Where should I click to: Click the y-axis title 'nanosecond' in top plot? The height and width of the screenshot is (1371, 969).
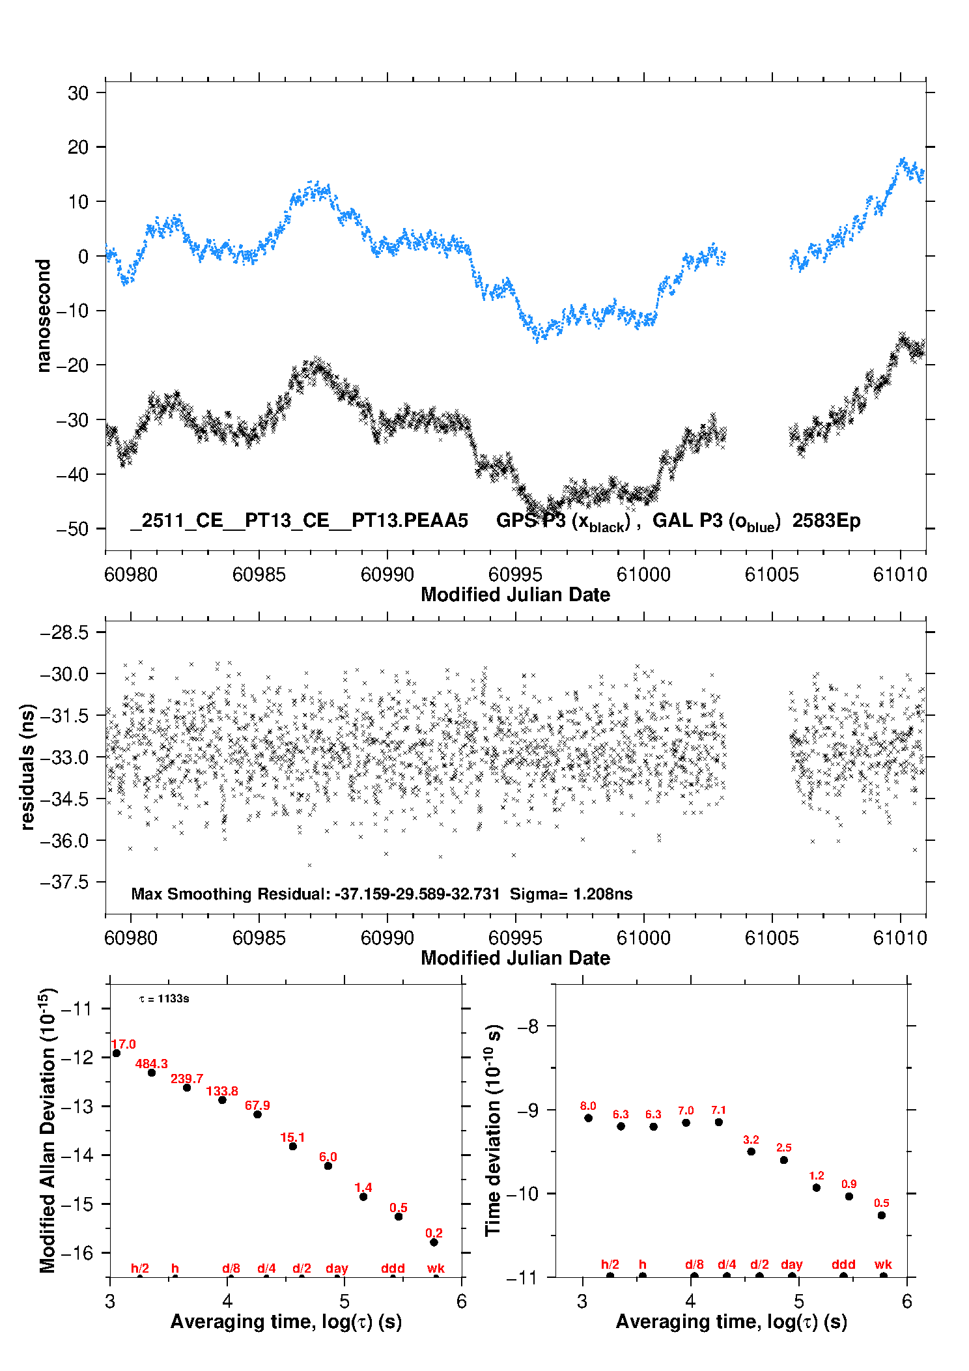[44, 315]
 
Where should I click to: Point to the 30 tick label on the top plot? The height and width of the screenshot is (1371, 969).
[77, 93]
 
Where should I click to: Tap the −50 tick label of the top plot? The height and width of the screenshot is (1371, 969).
[72, 529]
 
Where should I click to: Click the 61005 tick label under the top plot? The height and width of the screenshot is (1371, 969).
[772, 574]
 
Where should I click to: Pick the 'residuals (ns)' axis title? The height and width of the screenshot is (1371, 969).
[27, 767]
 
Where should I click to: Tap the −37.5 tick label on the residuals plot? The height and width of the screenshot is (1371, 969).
[64, 882]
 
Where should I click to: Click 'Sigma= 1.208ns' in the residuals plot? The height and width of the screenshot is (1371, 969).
[570, 894]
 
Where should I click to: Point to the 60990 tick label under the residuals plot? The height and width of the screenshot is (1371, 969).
[387, 938]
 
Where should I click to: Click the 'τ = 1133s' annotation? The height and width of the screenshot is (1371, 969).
[164, 999]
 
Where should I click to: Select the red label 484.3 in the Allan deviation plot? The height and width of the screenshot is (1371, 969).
[151, 1064]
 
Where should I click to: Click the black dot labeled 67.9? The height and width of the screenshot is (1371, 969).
[257, 1114]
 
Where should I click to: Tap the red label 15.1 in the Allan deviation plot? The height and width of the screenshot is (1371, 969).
[292, 1138]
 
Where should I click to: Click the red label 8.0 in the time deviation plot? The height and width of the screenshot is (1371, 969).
[588, 1106]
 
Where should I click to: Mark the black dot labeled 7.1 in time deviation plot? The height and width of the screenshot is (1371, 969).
[718, 1122]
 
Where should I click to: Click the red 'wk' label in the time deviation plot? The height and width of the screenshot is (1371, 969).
[883, 1265]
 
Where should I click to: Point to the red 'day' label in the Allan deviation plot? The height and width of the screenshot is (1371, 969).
[337, 1269]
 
